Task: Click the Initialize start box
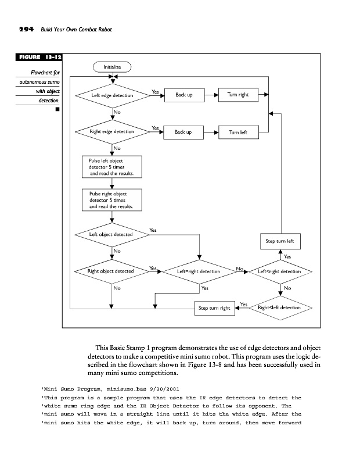pos(112,67)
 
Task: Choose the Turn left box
pos(238,133)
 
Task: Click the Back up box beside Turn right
pos(184,95)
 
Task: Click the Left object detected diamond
pos(111,235)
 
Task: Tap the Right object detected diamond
pos(111,271)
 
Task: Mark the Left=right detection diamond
pos(199,271)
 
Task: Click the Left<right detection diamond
pos(280,271)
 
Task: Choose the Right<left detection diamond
pos(280,307)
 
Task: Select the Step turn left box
pos(280,241)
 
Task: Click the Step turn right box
pos(214,307)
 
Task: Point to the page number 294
pos(21,29)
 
